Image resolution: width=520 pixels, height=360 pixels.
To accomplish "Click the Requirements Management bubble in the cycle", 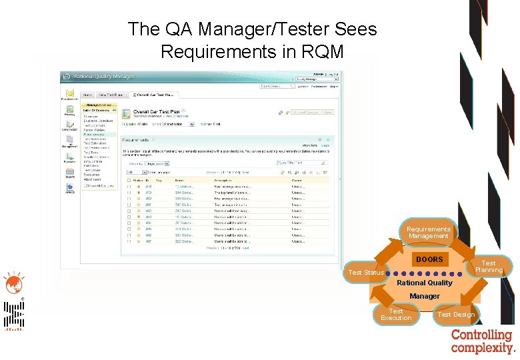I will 429,233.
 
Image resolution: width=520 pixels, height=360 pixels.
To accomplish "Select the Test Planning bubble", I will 489,267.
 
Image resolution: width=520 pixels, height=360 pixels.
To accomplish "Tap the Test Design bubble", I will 456,315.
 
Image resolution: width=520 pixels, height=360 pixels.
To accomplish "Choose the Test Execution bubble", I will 396,315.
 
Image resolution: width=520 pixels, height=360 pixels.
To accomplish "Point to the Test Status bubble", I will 366,272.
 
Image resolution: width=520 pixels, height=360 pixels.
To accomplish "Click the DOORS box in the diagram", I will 429,259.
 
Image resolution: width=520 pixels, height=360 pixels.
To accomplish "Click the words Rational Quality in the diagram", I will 425,283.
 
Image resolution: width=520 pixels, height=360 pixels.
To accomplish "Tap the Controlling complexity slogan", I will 483,341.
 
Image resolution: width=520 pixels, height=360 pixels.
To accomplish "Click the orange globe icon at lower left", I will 11,283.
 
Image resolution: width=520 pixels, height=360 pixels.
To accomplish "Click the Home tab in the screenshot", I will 87,95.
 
